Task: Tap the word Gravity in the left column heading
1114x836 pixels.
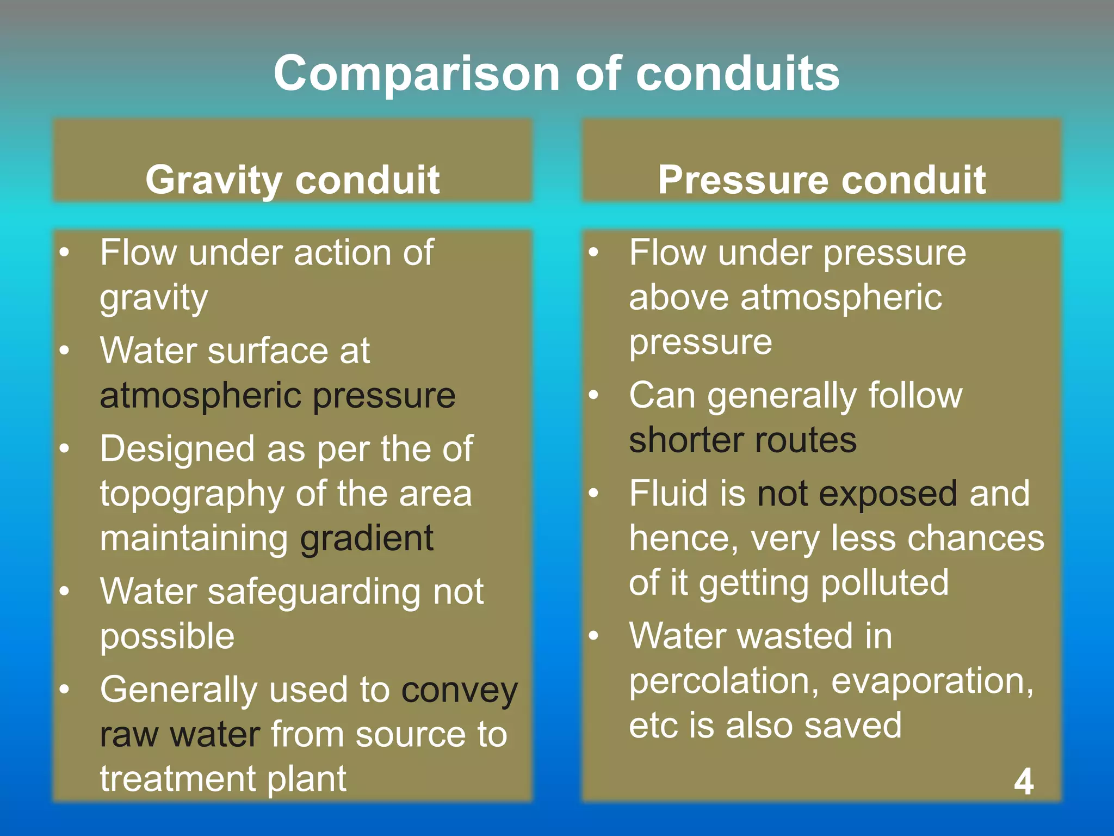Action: coord(213,180)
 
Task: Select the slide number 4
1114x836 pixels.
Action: coord(1024,782)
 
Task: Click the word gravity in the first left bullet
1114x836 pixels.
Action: coord(154,298)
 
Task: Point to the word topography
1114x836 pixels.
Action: coord(191,494)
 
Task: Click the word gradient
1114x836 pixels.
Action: coord(367,539)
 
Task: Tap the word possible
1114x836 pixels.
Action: coord(167,636)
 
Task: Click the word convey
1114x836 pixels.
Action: coord(460,691)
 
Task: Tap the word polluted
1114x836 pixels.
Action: coord(884,583)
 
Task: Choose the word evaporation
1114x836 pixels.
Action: coord(932,681)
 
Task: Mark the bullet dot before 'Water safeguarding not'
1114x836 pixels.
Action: coord(64,591)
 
